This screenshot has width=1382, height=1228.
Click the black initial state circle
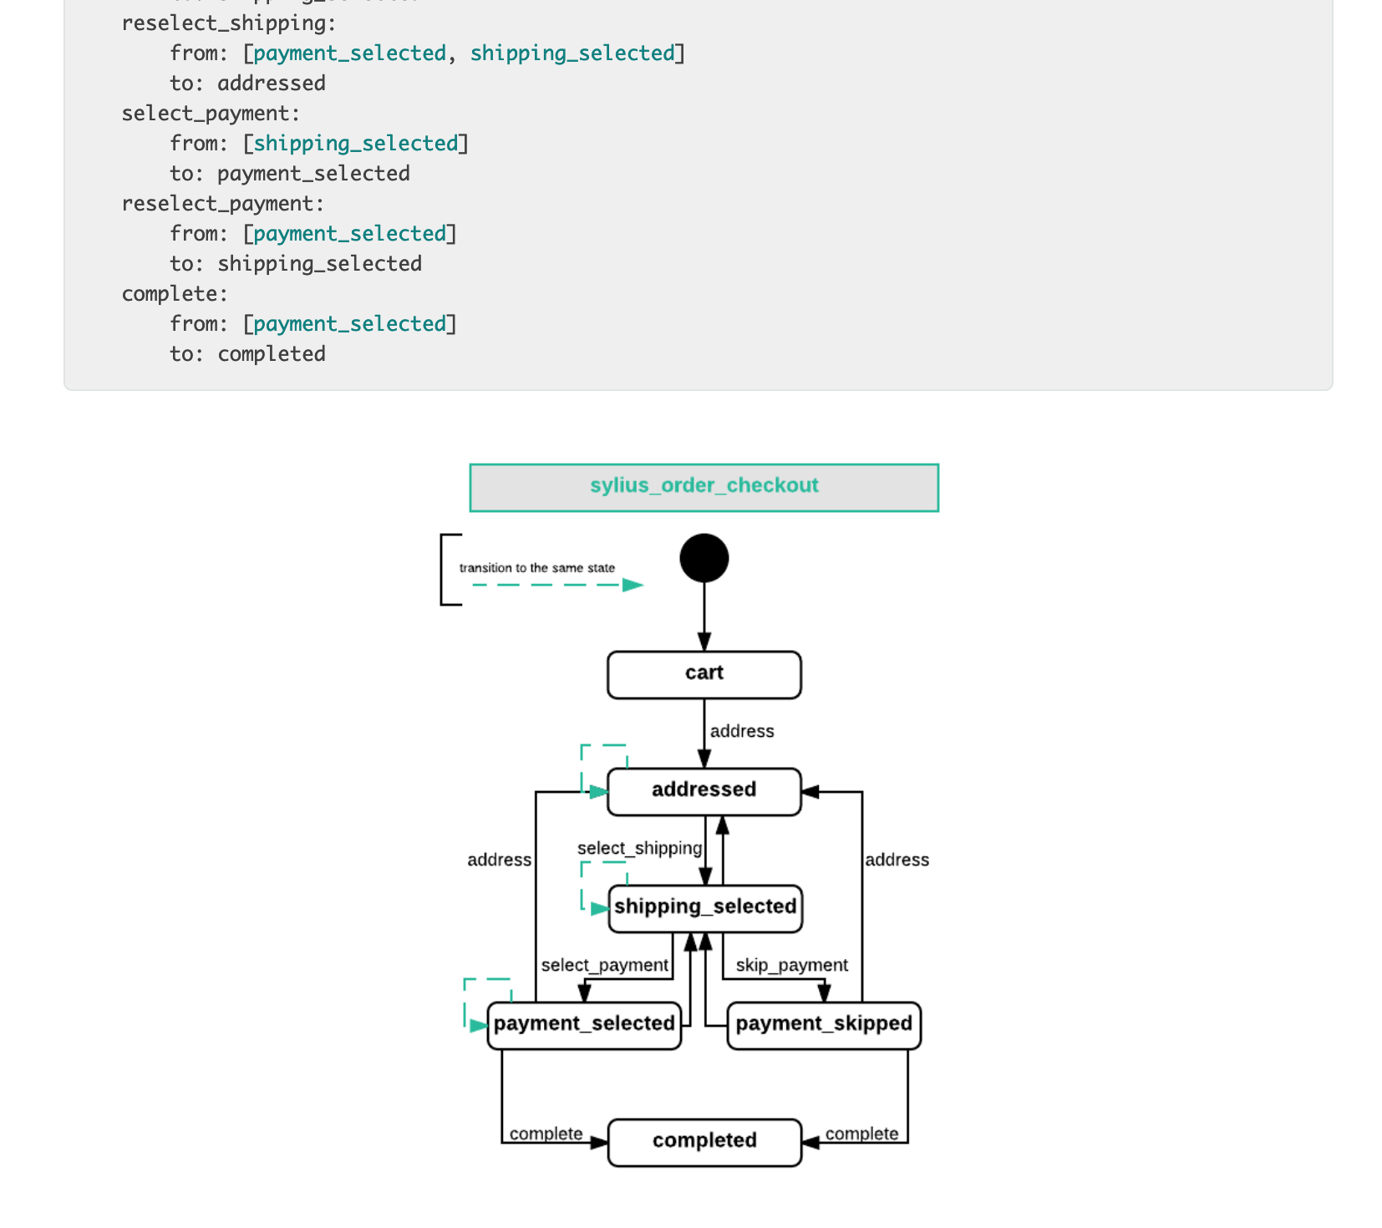coord(704,558)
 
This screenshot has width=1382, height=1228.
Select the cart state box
coord(704,674)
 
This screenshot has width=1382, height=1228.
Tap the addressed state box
coord(704,790)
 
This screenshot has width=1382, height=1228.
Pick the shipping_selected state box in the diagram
coord(705,907)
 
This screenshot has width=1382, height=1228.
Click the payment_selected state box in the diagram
coord(583,1024)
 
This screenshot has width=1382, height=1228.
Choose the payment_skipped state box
coord(824,1024)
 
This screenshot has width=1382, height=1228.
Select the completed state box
coord(704,1141)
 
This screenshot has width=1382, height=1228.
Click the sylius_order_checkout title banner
coord(704,487)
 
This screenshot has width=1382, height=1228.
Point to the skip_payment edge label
coord(791,965)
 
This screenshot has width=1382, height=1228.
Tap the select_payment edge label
coord(604,965)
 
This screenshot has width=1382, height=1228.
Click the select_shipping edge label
coord(639,848)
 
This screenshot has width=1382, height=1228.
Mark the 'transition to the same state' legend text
coord(536,568)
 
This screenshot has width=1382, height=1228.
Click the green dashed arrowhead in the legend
coord(633,585)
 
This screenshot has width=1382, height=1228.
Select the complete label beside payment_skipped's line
coord(861,1134)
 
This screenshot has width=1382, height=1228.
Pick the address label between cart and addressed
coord(742,731)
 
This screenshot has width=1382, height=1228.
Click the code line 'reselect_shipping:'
coord(228,23)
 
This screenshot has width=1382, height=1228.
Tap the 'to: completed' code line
coord(247,354)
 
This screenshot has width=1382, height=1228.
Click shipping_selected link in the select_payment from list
coord(356,144)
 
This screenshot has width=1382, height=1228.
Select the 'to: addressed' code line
coord(247,84)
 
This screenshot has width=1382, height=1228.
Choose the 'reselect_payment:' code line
coord(222,204)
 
